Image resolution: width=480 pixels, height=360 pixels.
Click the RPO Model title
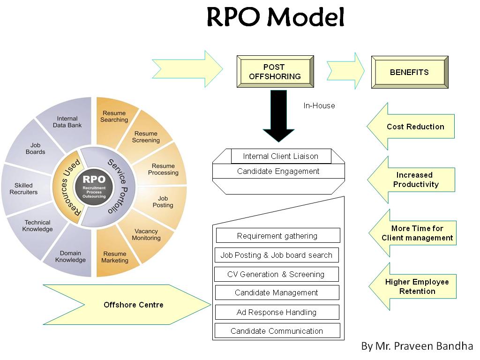tap(276, 18)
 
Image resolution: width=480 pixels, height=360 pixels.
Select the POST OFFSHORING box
tap(275, 72)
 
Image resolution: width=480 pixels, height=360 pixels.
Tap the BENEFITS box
tap(409, 72)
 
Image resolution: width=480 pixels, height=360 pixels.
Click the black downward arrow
tap(278, 115)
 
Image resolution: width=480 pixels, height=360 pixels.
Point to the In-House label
tap(319, 106)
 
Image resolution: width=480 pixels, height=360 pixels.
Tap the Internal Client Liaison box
tap(280, 156)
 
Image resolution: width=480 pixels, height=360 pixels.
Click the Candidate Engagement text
tap(278, 171)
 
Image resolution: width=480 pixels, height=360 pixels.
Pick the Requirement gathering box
tap(277, 236)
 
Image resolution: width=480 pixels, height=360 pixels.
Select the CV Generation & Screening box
tap(276, 274)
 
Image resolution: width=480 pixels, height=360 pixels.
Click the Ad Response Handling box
tap(276, 312)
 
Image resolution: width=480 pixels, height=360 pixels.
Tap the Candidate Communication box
tap(277, 331)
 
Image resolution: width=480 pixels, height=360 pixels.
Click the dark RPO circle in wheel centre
tap(94, 186)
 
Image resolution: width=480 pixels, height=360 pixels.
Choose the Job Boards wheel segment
tap(35, 149)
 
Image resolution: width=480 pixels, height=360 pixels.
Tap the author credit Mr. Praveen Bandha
tap(417, 346)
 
